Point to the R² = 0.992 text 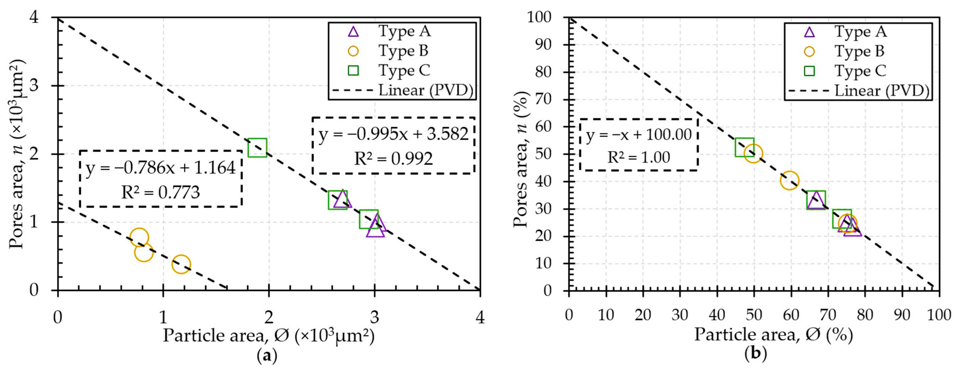point(393,158)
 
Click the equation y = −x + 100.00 point(639,134)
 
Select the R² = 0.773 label point(161,192)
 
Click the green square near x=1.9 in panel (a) point(257,148)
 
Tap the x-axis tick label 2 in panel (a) point(269,317)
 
